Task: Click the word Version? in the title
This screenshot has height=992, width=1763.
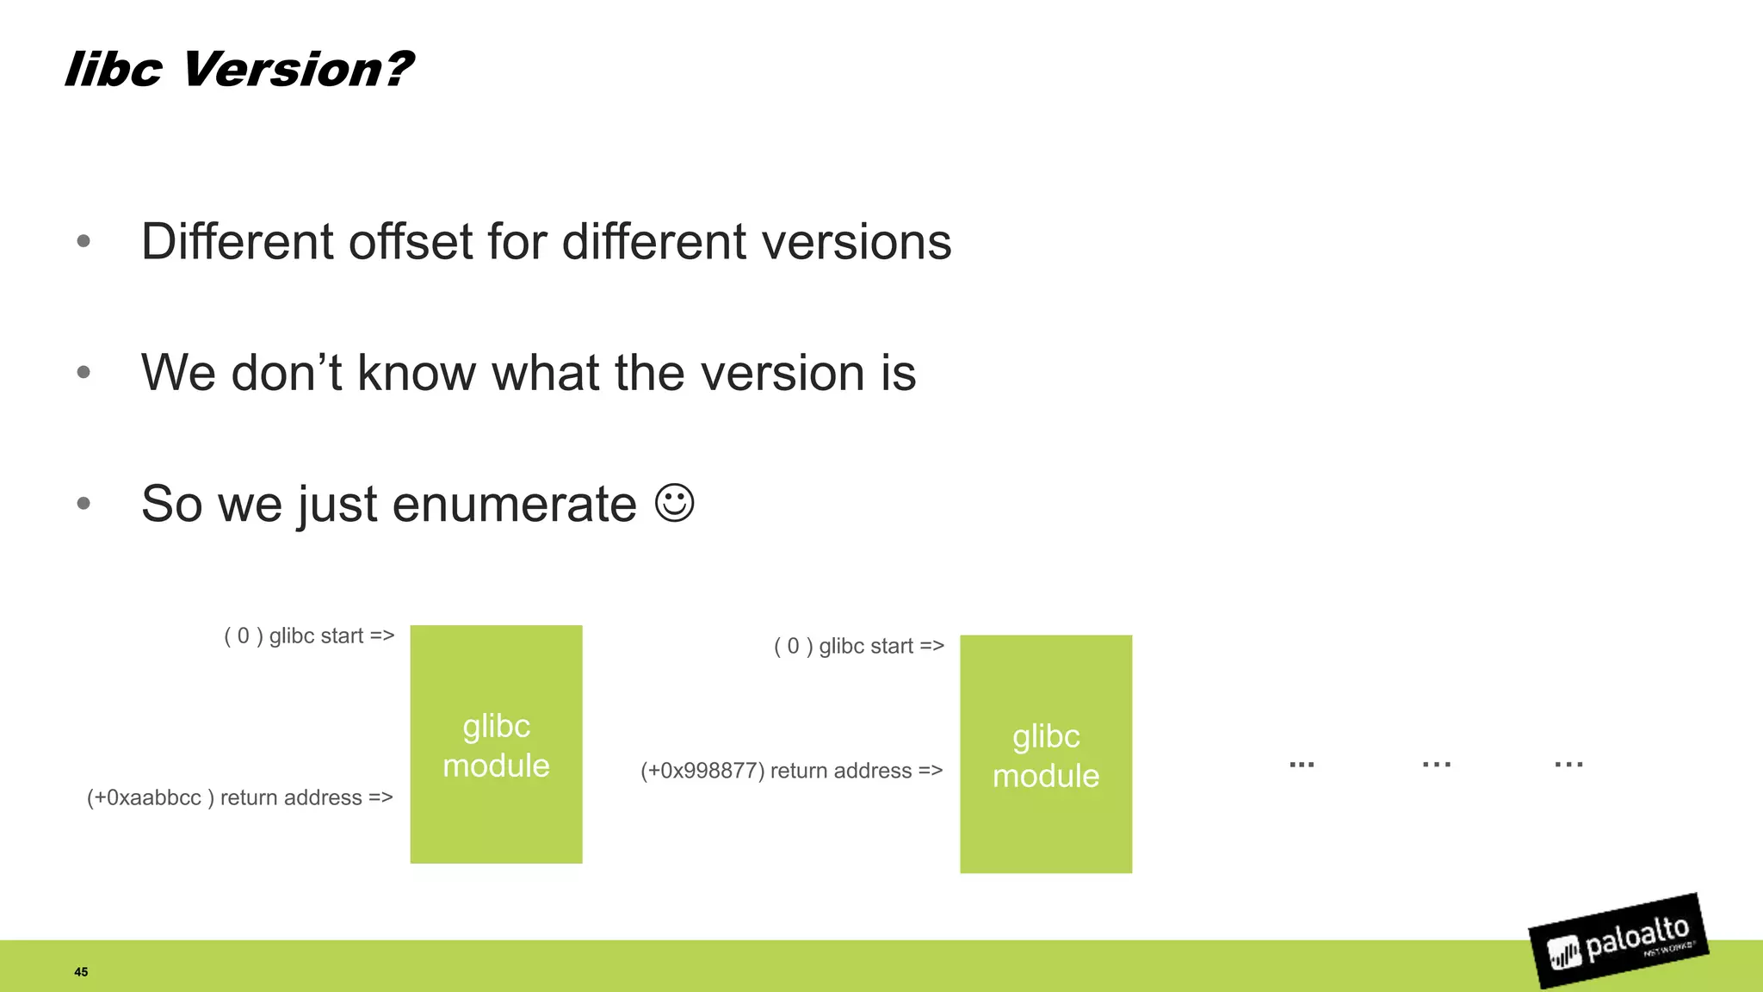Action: tap(297, 69)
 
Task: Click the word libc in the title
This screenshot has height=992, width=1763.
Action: tap(113, 69)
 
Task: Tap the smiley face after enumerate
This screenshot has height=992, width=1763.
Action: tap(674, 503)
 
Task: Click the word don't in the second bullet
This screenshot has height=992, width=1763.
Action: tap(287, 373)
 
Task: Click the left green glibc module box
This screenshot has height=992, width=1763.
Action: tap(496, 745)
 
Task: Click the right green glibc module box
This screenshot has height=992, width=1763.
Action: tap(1045, 754)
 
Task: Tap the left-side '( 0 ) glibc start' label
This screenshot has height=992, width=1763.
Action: tap(309, 636)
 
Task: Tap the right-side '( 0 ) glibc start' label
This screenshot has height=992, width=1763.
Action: tap(858, 646)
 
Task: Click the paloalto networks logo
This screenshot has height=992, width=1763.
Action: tap(1618, 941)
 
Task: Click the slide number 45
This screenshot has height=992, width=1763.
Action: tap(81, 971)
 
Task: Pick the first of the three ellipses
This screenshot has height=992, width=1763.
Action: tap(1302, 764)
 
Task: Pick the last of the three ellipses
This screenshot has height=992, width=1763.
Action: tap(1568, 764)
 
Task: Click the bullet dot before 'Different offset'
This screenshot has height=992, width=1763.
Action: tap(84, 241)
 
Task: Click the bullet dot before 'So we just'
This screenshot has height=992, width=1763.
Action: tap(84, 504)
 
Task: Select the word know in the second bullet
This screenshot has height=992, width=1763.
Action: tap(417, 373)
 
